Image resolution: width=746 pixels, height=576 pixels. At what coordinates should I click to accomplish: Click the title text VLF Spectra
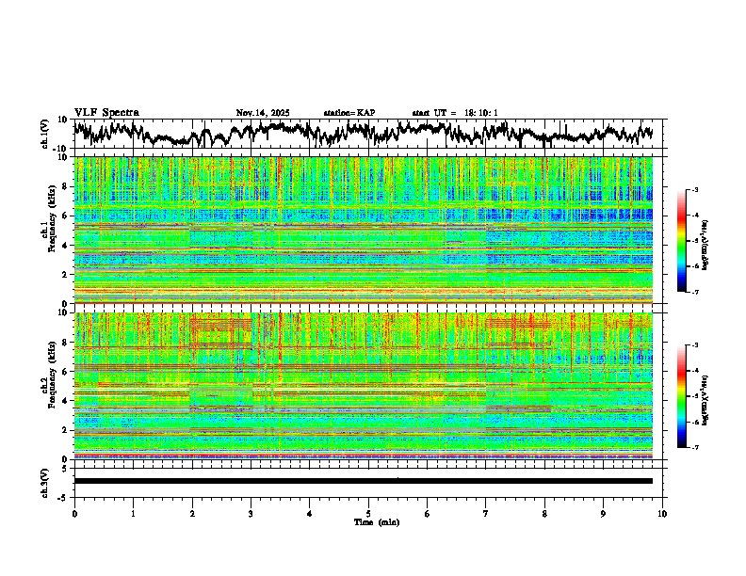click(106, 113)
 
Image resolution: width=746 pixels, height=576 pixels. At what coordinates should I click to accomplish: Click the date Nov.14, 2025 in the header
click(263, 113)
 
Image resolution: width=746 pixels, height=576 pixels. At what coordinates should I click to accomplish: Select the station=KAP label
click(349, 113)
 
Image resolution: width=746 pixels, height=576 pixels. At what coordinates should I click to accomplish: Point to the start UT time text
click(455, 113)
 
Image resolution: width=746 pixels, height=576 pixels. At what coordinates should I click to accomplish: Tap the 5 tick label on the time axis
click(368, 513)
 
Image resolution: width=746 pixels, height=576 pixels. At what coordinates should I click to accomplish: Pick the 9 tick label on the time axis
click(604, 513)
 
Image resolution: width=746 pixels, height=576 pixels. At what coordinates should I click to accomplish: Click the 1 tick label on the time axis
click(133, 513)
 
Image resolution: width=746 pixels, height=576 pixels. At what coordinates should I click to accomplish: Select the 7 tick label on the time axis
click(486, 513)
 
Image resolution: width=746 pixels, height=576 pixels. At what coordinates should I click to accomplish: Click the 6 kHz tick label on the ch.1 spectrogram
click(65, 216)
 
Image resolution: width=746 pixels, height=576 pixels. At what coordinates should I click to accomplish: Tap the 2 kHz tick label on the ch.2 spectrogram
click(65, 430)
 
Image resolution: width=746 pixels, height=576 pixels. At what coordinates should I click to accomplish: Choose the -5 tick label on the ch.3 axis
click(63, 496)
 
